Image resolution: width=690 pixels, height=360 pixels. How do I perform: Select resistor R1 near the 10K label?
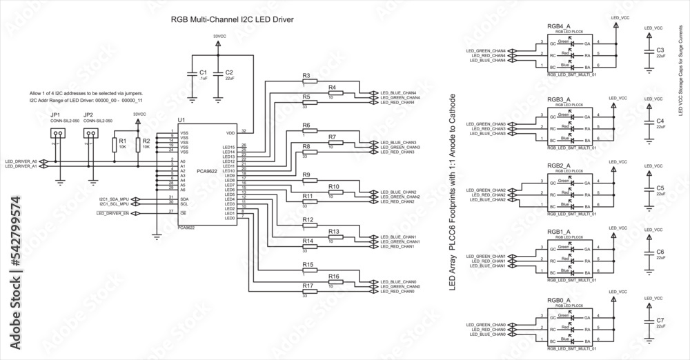115,143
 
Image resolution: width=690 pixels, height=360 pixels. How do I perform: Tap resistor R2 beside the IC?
137,143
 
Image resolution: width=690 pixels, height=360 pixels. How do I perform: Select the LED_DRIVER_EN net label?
115,213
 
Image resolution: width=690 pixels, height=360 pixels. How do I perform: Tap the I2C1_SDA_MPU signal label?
114,199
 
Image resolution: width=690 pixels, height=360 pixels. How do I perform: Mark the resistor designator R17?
308,286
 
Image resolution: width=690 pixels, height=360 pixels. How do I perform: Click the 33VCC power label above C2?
219,35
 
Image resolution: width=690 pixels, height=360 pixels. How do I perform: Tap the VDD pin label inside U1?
230,133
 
